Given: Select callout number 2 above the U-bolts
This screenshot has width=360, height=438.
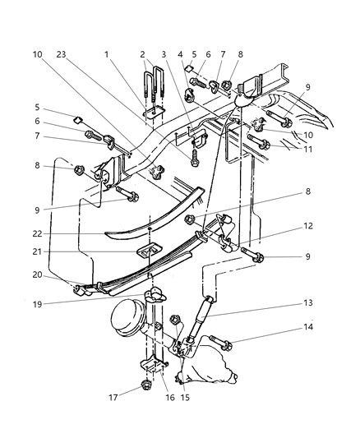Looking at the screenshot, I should coord(142,54).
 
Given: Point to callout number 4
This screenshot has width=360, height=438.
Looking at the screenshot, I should coord(180,54).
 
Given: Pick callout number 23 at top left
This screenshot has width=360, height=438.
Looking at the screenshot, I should coord(60,54).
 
